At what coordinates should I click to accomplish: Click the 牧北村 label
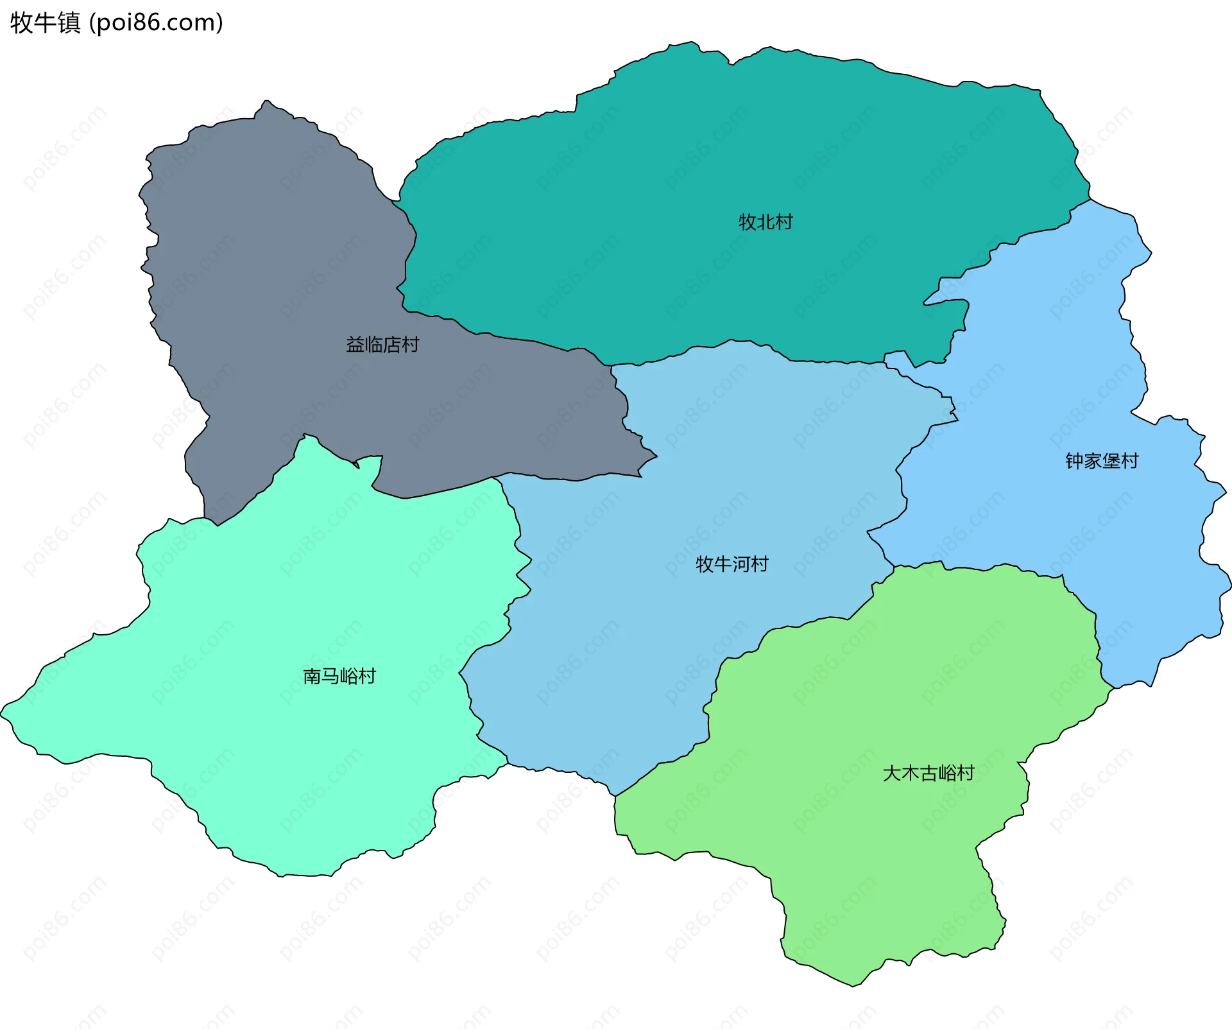pos(766,222)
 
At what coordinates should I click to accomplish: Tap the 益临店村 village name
pos(382,345)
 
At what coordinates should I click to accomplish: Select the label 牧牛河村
pos(732,564)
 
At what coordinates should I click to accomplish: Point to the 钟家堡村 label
pos(1102,461)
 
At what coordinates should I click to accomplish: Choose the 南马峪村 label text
pos(339,676)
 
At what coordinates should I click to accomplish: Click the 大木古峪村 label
pos(928,773)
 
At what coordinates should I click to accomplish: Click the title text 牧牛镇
pos(46,22)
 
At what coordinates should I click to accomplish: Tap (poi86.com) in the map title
pos(156,22)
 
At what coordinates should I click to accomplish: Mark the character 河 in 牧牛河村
pos(741,564)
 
